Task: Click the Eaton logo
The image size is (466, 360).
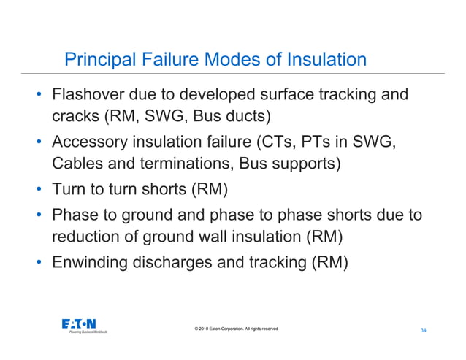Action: [80, 324]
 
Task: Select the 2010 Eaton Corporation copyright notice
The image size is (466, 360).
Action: [232, 329]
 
